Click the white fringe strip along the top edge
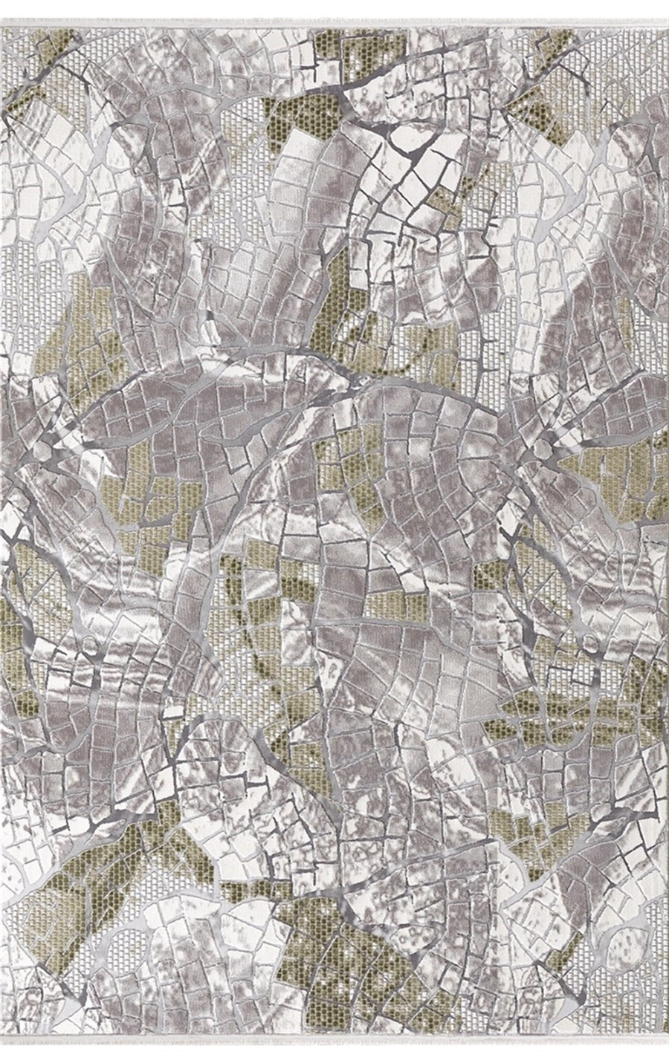click(334, 6)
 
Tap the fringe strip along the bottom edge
click(334, 1057)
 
